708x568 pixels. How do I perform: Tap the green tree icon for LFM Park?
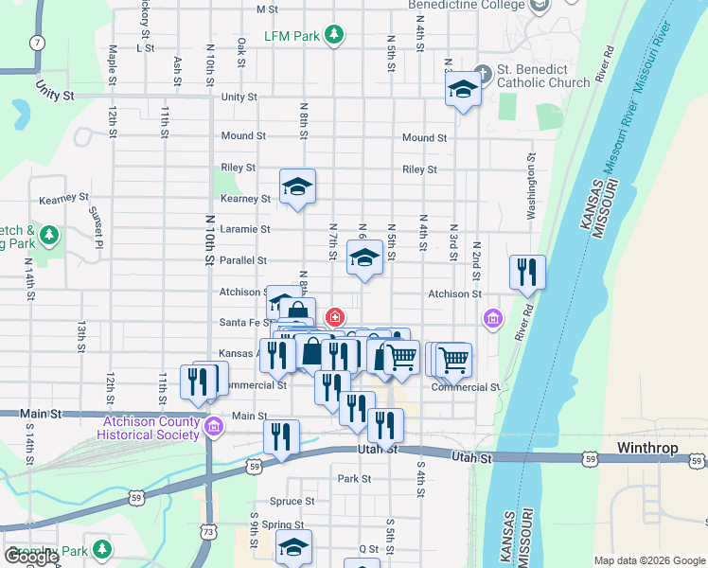tap(333, 36)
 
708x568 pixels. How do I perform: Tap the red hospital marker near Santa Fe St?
tap(334, 316)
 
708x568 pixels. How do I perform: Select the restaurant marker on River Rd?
tap(523, 273)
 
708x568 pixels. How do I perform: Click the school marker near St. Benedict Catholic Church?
tap(462, 89)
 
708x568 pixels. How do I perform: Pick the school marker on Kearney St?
tap(297, 186)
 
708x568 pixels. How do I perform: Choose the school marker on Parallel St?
tap(364, 257)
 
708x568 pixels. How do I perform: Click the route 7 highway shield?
tap(37, 43)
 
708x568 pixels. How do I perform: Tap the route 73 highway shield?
tap(208, 532)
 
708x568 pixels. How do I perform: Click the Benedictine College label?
tap(466, 5)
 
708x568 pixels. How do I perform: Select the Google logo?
tap(31, 558)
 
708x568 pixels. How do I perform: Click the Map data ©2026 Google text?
tap(649, 560)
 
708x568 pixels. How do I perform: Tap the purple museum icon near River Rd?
tap(492, 318)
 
